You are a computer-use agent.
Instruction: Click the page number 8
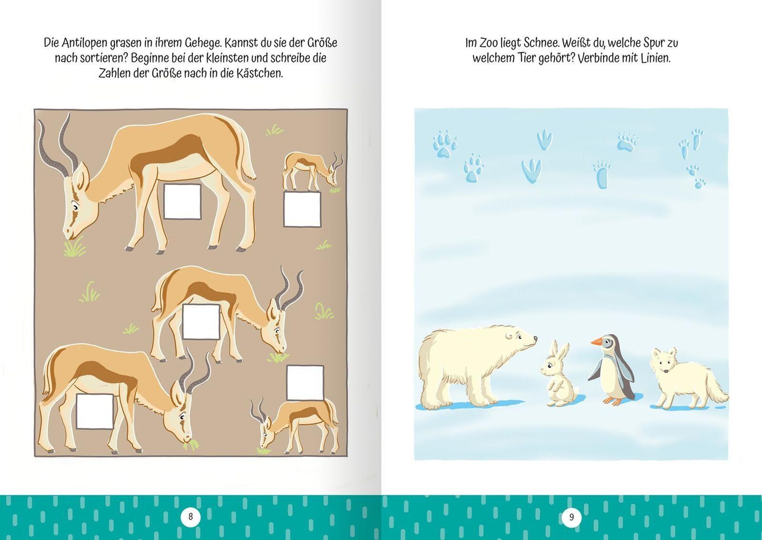(x=190, y=517)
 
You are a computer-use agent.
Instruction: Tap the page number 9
(x=571, y=517)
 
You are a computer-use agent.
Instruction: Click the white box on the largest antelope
(x=182, y=201)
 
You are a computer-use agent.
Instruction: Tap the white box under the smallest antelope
(x=302, y=209)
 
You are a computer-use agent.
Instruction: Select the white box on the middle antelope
(x=201, y=322)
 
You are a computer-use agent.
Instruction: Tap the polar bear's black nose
(x=535, y=339)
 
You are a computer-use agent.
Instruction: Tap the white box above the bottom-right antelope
(x=305, y=383)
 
